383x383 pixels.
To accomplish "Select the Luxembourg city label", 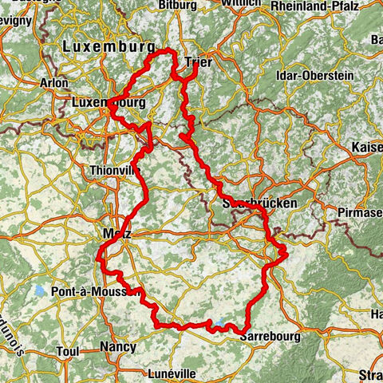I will pyautogui.click(x=108, y=103).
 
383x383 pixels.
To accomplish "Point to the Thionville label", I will pyautogui.click(x=116, y=170).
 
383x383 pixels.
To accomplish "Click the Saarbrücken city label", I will pyautogui.click(x=257, y=203).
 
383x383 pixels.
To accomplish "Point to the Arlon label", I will pyautogui.click(x=53, y=82).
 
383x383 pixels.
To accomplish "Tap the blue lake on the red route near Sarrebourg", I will pyautogui.click(x=217, y=323).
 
